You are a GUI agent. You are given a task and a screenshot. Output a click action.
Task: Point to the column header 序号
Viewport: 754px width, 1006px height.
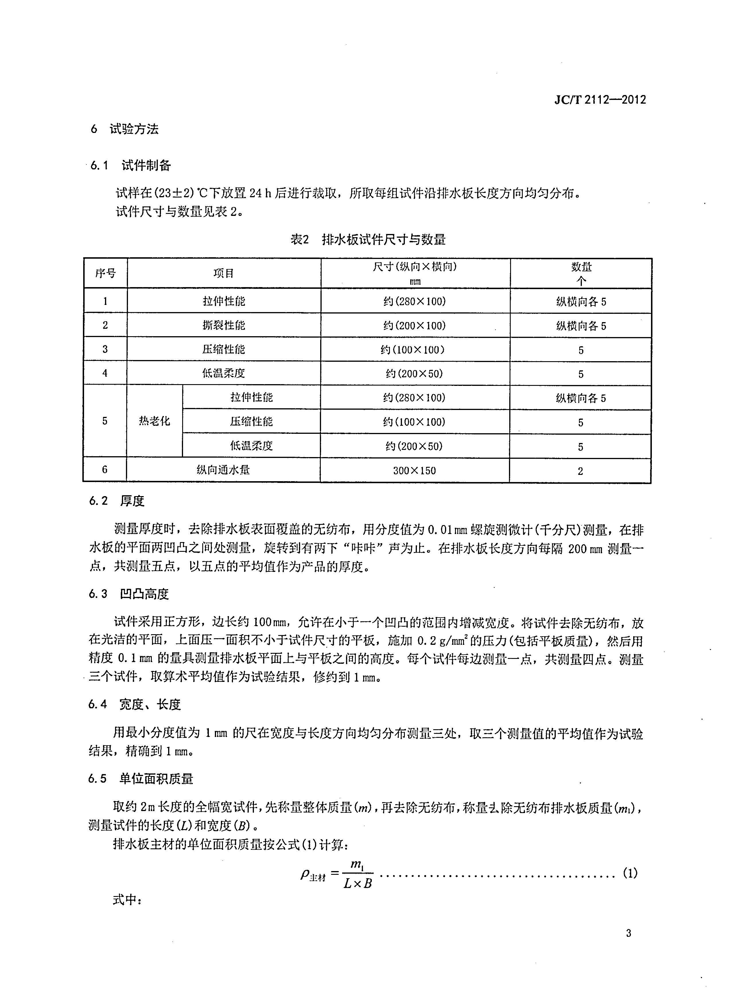point(105,273)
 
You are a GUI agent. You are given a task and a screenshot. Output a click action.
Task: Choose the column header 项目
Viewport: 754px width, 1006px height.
point(224,273)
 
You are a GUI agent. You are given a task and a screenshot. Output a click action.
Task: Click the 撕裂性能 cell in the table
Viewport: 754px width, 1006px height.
point(224,325)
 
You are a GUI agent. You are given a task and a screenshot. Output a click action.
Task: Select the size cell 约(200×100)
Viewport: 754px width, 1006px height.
point(415,326)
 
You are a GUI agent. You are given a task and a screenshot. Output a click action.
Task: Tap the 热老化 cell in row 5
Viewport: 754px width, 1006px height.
point(155,421)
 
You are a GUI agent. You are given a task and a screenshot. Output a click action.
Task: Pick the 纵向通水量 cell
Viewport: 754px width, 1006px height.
point(223,470)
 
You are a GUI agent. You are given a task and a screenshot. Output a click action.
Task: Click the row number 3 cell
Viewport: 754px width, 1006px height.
point(105,349)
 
